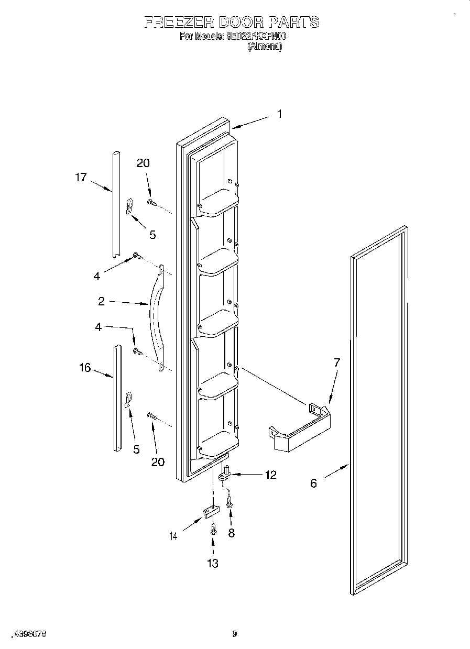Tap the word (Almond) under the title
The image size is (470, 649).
(265, 47)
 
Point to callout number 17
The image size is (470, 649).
(80, 178)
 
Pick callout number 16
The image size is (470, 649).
(85, 368)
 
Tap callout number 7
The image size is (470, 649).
(337, 362)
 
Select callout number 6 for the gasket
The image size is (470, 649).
(313, 483)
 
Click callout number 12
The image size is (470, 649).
(270, 475)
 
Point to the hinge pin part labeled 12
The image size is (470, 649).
(226, 474)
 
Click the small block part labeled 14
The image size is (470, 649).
(209, 512)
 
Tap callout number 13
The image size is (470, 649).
(212, 563)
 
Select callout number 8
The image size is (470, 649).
(231, 533)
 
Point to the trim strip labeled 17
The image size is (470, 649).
(116, 204)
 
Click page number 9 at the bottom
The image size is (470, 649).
(234, 634)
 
